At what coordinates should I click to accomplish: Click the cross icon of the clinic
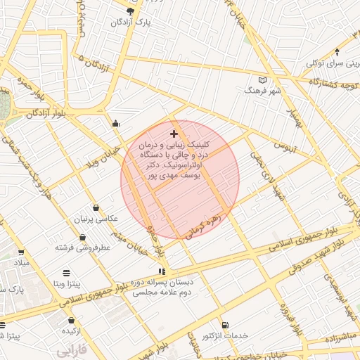[174, 134]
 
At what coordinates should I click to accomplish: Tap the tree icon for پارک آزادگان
[130, 11]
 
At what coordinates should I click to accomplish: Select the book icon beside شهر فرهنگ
[264, 80]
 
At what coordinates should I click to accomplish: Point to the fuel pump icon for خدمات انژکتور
[224, 325]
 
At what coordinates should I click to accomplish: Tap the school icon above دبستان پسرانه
[162, 271]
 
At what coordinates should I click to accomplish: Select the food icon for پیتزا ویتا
[65, 272]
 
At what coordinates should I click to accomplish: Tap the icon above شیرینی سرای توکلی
[337, 51]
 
